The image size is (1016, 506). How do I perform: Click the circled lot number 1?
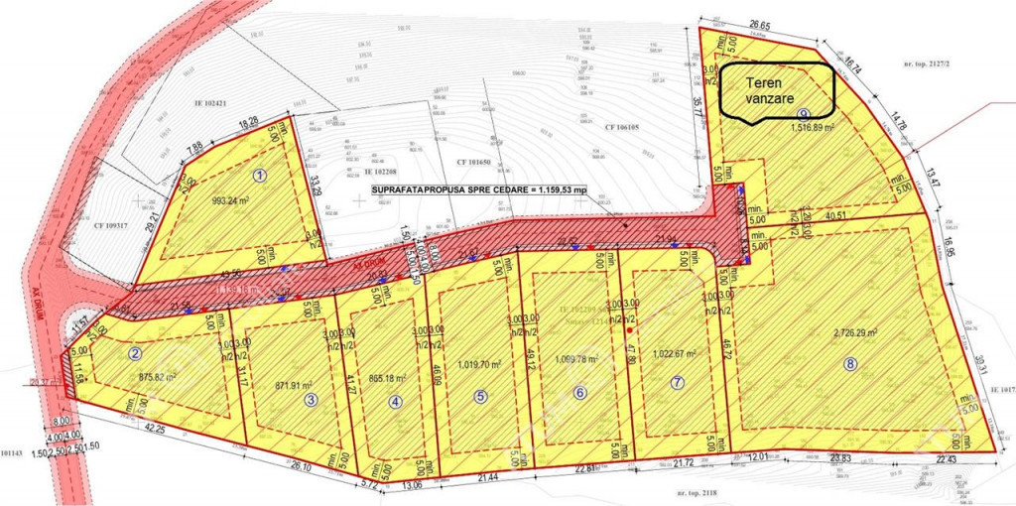coord(261,175)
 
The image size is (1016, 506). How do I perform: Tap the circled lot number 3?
coord(311,400)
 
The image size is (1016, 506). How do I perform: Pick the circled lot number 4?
coord(396,402)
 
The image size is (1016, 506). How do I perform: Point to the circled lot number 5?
coord(481,396)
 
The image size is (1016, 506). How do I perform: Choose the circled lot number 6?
coord(580,392)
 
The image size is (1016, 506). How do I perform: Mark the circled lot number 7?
coord(678,381)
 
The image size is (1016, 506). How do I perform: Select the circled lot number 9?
coord(804,113)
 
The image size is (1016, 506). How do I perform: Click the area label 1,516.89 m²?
coord(819,128)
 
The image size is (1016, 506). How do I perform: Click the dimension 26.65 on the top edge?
coord(760,24)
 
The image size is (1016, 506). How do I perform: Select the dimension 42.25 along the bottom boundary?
coord(152,428)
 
